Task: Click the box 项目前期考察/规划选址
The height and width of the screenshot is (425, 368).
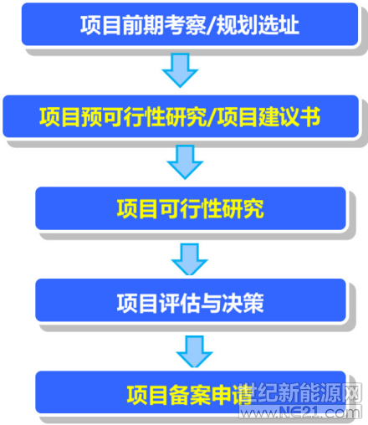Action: point(190,24)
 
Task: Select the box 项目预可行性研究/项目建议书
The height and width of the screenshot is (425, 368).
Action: point(181,116)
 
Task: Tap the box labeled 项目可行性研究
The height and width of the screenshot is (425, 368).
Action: point(191,208)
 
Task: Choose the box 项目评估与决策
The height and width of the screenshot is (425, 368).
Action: point(191,300)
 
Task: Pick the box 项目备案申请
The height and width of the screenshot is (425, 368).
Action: point(191,392)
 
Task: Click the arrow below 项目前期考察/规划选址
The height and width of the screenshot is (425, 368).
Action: point(180,70)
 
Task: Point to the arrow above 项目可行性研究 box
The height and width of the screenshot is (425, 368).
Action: point(185,162)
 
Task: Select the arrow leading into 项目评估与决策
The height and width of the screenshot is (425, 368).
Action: point(190,259)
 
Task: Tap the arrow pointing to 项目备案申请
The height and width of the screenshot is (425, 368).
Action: point(195,351)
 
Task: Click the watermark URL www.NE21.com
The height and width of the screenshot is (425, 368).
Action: point(299,412)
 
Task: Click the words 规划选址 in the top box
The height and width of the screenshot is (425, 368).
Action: point(258,25)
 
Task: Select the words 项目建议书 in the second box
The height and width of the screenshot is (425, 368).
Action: point(268,117)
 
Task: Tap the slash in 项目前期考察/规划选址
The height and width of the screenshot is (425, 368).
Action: point(211,25)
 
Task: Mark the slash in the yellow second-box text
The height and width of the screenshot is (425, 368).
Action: point(212,117)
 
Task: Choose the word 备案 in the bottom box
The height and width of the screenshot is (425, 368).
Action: point(190,395)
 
